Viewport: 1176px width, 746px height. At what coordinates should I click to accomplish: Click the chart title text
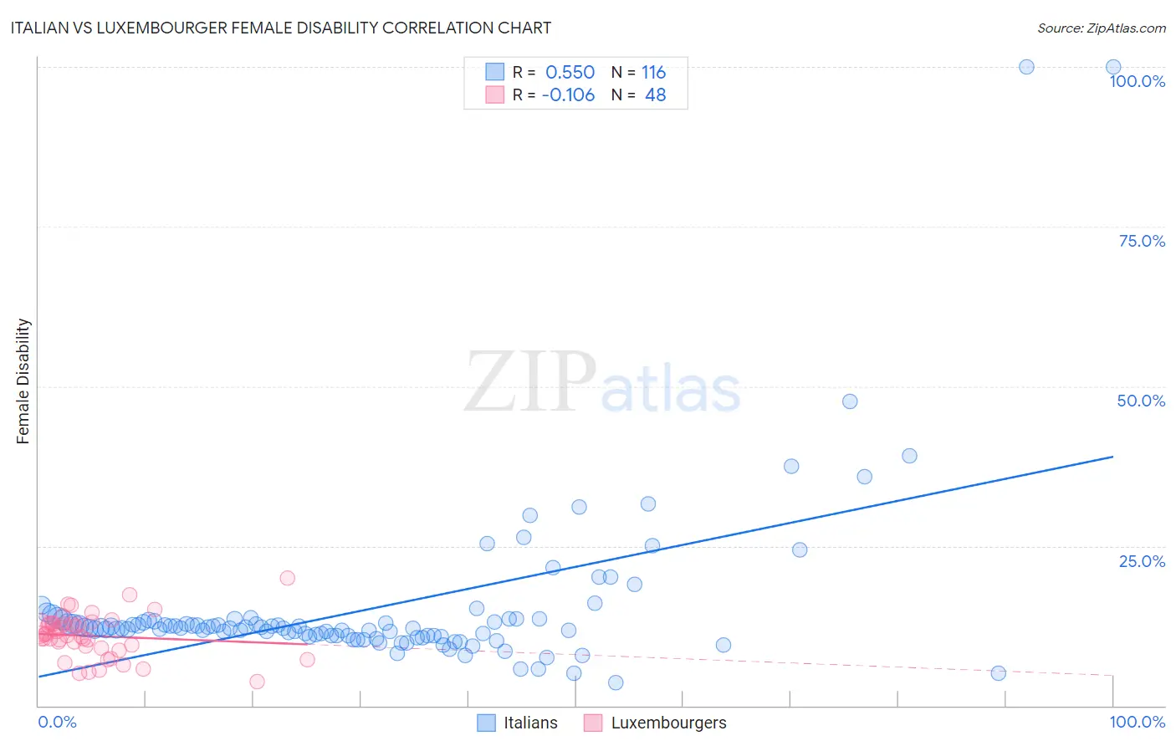click(280, 28)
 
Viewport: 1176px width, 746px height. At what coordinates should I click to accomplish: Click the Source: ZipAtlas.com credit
click(1101, 28)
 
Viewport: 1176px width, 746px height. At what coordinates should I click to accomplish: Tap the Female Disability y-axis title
click(23, 381)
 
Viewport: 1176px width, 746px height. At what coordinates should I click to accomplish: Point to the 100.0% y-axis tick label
click(1137, 81)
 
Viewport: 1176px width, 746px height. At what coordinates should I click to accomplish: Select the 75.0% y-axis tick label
click(1141, 241)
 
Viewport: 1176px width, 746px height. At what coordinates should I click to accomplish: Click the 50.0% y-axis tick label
click(1141, 401)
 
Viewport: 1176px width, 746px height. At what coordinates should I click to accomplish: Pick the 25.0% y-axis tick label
click(1142, 561)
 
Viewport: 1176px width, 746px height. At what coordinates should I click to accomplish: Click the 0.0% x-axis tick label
click(57, 722)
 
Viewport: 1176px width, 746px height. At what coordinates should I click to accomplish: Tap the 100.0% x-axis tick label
click(1137, 722)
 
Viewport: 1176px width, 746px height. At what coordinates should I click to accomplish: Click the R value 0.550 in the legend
click(570, 73)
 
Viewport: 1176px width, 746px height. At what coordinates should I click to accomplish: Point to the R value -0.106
click(568, 95)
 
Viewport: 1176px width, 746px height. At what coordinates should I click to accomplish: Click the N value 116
click(653, 73)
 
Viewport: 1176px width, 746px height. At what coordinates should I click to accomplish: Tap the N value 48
click(655, 95)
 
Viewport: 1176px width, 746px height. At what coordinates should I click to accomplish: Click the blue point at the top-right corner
click(1112, 67)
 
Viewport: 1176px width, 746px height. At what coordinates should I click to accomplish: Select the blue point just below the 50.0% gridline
click(849, 401)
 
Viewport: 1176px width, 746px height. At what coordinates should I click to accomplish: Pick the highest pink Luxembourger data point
click(287, 578)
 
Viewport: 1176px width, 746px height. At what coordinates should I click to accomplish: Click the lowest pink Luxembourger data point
click(257, 682)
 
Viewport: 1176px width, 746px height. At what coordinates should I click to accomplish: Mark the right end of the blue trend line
click(1112, 457)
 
